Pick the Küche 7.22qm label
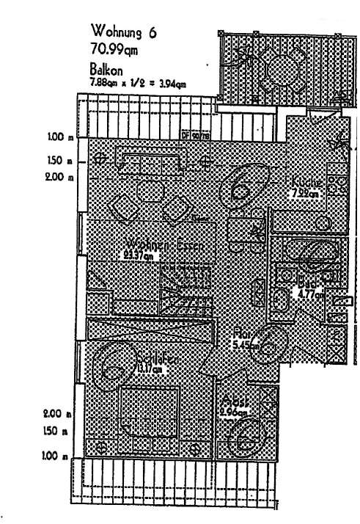(303, 187)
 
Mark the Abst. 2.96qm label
(232, 409)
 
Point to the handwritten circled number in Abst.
(243, 440)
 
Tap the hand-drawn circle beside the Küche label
(242, 187)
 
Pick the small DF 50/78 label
(192, 135)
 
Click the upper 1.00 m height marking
(55, 137)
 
